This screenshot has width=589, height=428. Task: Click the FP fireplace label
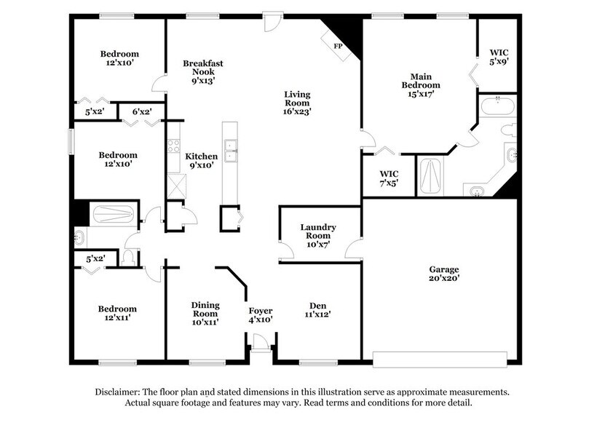338,47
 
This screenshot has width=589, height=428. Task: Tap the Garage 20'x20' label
443,274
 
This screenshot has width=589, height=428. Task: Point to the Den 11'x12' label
317,310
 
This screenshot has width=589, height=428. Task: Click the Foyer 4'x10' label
260,315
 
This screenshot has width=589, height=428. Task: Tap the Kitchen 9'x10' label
201,161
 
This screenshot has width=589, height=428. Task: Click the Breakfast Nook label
202,72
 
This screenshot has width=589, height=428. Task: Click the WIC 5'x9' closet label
498,58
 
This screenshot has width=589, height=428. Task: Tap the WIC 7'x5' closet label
389,178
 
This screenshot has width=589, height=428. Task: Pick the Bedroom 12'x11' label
117,314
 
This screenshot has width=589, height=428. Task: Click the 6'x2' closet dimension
141,111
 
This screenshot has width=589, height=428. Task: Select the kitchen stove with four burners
174,146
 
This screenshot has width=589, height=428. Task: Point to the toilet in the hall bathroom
130,256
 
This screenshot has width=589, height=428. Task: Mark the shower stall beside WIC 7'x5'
430,175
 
